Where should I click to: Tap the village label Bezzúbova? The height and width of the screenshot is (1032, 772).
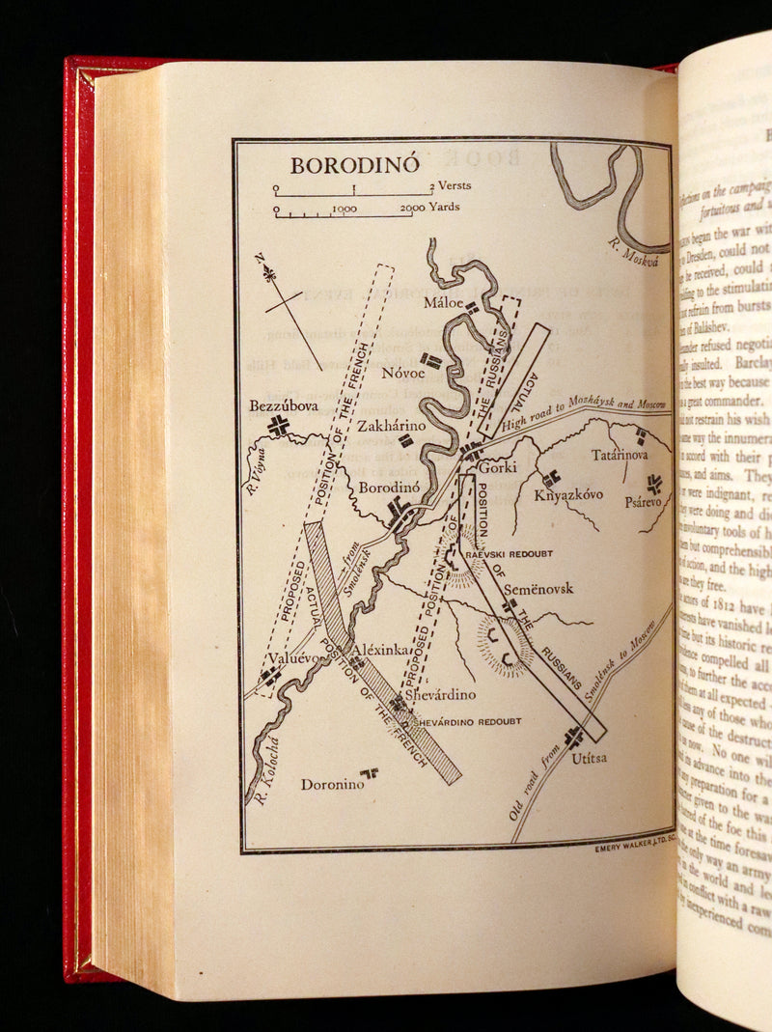point(277,406)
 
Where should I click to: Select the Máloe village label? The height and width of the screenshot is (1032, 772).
point(445,303)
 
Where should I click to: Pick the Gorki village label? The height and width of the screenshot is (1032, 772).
point(497,467)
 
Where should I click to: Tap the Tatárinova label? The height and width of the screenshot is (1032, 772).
point(620,455)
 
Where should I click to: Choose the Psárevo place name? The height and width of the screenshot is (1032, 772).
point(643,502)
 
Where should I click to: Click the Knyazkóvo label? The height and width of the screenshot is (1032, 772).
point(569,494)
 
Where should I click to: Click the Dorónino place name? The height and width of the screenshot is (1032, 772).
point(332,784)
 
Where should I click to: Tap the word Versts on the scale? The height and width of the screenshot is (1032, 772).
point(455,185)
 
